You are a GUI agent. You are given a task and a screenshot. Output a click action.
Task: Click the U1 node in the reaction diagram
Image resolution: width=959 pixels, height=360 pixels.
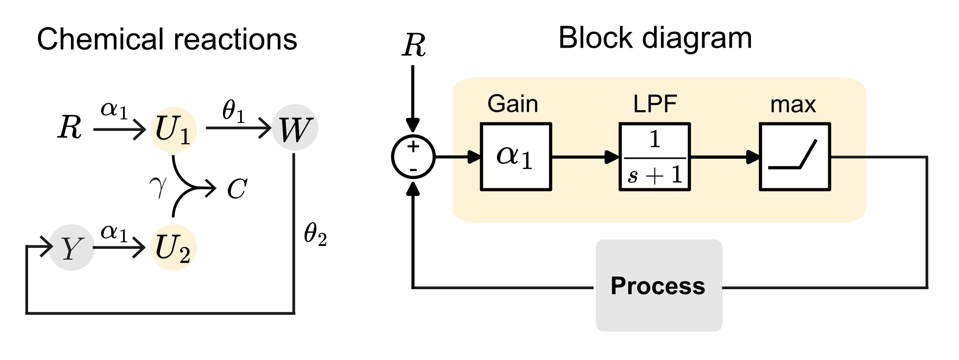173,130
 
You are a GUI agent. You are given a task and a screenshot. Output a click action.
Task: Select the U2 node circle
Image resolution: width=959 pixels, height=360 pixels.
173,248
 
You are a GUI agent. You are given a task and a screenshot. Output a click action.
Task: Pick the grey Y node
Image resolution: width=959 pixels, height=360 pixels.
71,248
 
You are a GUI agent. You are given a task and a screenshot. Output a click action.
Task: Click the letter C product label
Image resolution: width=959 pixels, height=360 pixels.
237,189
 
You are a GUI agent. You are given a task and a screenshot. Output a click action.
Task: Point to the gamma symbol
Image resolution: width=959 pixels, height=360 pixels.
158,187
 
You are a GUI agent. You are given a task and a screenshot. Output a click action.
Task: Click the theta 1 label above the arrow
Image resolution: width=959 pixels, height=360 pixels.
233,111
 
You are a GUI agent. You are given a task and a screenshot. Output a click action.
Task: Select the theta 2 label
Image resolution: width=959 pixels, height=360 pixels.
315,234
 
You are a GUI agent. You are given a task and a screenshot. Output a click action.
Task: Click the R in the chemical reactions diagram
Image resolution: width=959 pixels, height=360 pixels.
69,128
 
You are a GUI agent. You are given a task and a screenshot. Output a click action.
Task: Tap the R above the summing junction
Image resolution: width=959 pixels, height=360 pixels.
413,46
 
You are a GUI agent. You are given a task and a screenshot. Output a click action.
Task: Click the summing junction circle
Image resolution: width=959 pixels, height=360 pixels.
413,157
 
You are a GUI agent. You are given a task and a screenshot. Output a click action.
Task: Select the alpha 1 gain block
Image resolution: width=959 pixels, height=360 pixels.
516,157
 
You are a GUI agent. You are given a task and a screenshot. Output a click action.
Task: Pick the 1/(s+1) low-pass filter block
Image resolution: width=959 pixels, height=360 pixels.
654,157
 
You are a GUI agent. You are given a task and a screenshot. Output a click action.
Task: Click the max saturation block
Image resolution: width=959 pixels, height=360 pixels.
795,157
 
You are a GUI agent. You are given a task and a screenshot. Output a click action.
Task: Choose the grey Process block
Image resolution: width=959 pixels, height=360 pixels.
659,286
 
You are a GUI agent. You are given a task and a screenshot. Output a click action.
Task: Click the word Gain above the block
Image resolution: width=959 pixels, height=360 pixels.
513,104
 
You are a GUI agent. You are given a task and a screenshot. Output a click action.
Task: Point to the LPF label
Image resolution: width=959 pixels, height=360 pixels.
655,104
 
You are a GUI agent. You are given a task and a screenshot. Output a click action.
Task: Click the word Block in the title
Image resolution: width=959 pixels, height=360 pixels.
595,38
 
